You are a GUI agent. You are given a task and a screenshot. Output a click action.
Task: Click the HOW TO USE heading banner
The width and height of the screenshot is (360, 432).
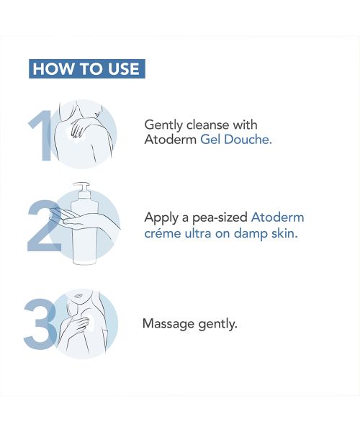point(87,69)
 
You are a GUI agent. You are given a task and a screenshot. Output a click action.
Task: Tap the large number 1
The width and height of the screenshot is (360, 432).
point(42,135)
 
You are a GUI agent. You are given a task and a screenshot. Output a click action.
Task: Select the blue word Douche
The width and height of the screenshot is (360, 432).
point(248,140)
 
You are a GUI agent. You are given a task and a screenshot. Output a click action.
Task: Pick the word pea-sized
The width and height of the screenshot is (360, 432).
point(220,217)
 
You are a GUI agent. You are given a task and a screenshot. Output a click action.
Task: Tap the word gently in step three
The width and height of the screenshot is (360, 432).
point(217,325)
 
